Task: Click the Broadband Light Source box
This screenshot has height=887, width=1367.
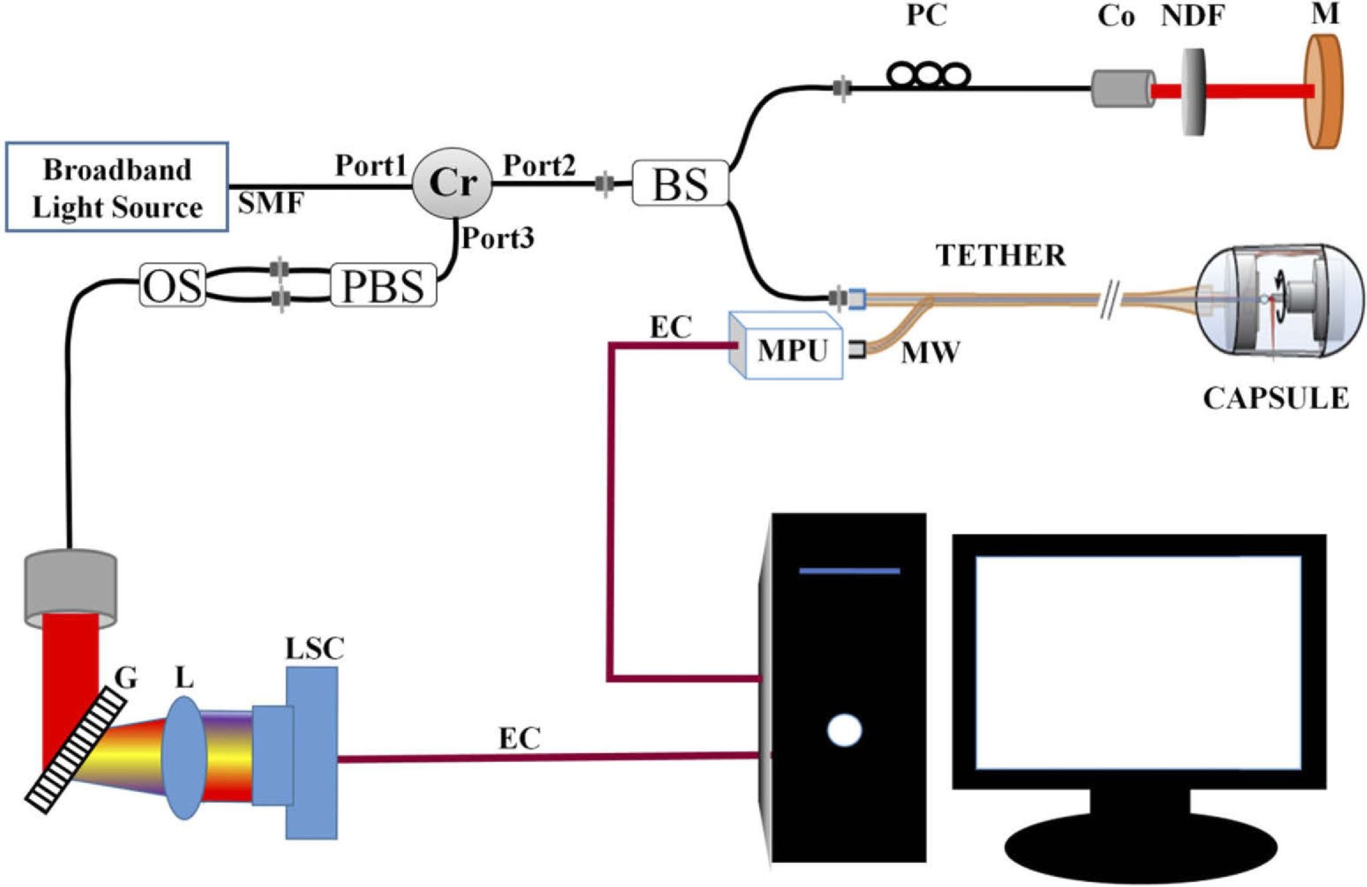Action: click(117, 188)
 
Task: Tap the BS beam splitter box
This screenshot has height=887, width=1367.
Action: click(679, 183)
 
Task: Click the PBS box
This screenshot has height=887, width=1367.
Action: click(384, 286)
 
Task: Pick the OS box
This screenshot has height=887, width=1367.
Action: click(172, 286)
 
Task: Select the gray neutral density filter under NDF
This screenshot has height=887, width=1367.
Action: click(1193, 91)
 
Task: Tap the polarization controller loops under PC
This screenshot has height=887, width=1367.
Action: click(928, 75)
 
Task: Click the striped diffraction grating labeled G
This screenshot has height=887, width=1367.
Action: click(75, 750)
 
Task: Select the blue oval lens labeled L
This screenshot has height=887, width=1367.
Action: click(184, 758)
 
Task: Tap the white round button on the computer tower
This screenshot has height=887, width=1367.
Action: click(844, 729)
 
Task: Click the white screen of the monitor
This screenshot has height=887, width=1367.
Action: click(1138, 662)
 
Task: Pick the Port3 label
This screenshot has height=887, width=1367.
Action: click(498, 238)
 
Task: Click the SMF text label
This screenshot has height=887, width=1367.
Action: click(271, 203)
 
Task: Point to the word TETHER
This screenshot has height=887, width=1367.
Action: click(1000, 256)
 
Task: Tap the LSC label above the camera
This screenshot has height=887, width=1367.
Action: click(314, 649)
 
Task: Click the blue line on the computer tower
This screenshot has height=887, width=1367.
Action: click(849, 571)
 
